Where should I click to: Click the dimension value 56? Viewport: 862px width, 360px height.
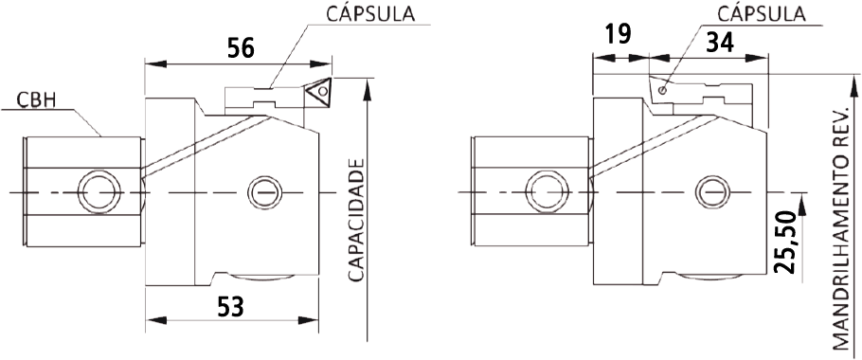pyautogui.click(x=241, y=48)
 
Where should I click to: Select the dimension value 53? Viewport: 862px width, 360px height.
pyautogui.click(x=230, y=307)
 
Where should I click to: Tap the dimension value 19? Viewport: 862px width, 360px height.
pyautogui.click(x=618, y=34)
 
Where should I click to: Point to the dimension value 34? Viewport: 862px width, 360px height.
pyautogui.click(x=720, y=43)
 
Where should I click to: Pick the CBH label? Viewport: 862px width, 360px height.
pyautogui.click(x=34, y=100)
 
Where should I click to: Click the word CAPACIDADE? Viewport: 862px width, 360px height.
pyautogui.click(x=357, y=221)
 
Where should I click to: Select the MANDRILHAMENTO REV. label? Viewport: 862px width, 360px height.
pyautogui.click(x=841, y=228)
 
